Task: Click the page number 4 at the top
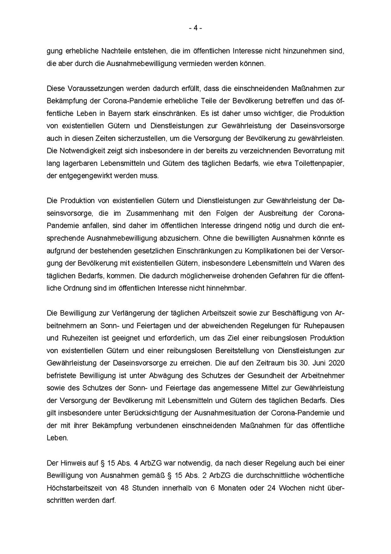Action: pyautogui.click(x=195, y=28)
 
